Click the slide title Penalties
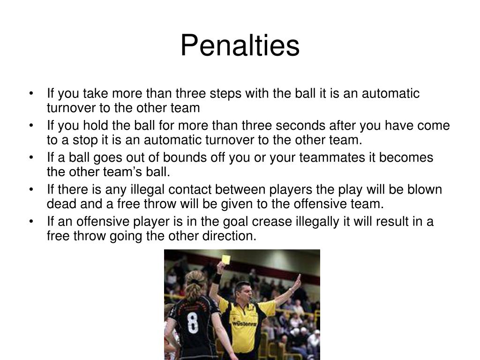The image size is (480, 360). (x=240, y=46)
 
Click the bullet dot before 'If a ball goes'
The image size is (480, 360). (x=31, y=157)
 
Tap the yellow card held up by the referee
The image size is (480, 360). (x=226, y=259)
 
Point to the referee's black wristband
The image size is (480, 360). (x=216, y=278)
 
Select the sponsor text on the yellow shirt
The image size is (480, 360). (x=244, y=323)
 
